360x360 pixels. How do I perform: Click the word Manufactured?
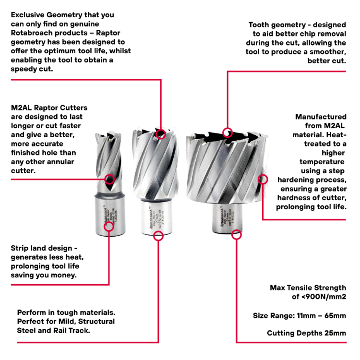point(321,117)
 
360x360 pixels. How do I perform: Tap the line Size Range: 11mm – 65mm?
point(299,315)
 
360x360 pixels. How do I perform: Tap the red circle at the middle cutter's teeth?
point(161,133)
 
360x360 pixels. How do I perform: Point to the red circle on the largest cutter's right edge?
point(263,180)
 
